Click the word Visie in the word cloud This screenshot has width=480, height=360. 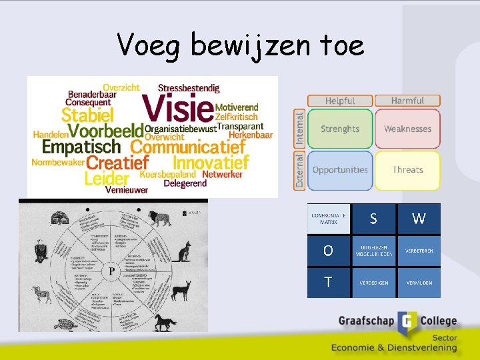click(x=177, y=108)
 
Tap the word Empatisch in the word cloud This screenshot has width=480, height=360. click(x=81, y=146)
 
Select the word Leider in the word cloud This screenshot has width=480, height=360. click(x=106, y=178)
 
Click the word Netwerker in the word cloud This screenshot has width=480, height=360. click(x=222, y=175)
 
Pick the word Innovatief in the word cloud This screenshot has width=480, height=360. click(x=211, y=162)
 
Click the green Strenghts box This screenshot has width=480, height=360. click(x=340, y=129)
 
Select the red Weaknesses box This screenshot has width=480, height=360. click(x=407, y=129)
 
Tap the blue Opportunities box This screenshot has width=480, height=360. click(x=340, y=169)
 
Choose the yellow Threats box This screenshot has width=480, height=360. click(x=407, y=169)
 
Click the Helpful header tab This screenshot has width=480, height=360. click(x=340, y=101)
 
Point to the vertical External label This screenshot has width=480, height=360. click(x=299, y=170)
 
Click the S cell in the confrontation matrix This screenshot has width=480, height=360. click(x=373, y=219)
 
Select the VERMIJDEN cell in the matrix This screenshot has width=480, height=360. click(x=419, y=283)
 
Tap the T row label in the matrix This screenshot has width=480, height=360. click(x=328, y=283)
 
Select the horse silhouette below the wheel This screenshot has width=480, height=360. click(x=163, y=323)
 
